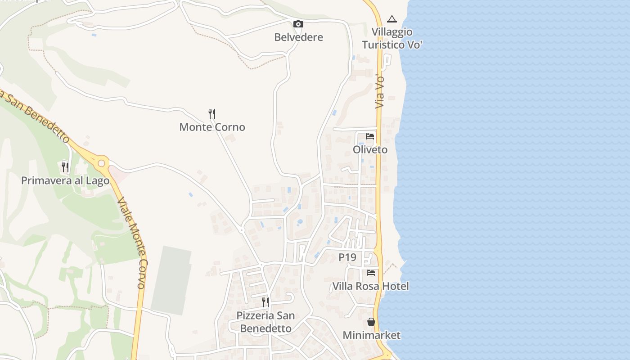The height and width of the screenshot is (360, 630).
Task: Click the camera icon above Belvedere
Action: pos(298,24)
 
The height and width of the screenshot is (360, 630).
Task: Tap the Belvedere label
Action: pos(298,37)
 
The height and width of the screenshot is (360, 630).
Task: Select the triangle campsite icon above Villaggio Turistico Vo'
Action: pos(392,19)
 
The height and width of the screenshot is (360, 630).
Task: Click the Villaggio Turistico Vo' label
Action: pos(392,39)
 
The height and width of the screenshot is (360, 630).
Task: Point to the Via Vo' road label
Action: pos(381,91)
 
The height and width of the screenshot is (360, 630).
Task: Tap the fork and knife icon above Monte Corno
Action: pos(212,113)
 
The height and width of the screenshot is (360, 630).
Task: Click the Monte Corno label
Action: pos(212,127)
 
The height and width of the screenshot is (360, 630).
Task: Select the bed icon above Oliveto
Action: pos(370,136)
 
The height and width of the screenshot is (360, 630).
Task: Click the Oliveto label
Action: pos(370,150)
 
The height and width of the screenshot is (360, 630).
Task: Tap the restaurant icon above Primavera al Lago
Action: pos(65,167)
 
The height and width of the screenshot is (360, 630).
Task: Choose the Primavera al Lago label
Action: pos(65,181)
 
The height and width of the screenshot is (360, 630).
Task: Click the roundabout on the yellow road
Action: pos(102,162)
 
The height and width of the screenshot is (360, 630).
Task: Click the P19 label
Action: pos(347,257)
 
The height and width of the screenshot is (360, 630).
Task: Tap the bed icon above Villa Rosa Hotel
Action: pos(371,272)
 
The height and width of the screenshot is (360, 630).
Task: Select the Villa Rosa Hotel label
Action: pos(370,286)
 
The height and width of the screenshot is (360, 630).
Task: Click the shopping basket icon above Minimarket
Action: pos(371,322)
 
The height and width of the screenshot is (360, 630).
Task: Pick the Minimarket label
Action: pos(371,335)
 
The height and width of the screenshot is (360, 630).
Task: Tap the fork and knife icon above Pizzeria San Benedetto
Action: pos(265,301)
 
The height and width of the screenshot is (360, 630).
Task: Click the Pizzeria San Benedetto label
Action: pos(265,322)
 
